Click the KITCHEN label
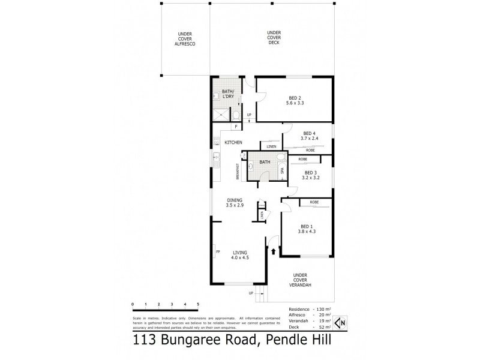tap(233, 142)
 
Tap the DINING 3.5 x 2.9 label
tap(234, 203)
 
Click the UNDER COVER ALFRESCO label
tap(185, 38)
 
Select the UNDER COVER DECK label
tap(274, 37)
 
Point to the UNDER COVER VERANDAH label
tap(300, 280)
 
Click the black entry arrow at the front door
tap(274, 252)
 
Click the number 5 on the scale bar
tap(198, 305)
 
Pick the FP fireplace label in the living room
tap(217, 251)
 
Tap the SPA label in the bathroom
tap(282, 170)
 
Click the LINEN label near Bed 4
tap(271, 146)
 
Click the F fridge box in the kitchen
tap(236, 127)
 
